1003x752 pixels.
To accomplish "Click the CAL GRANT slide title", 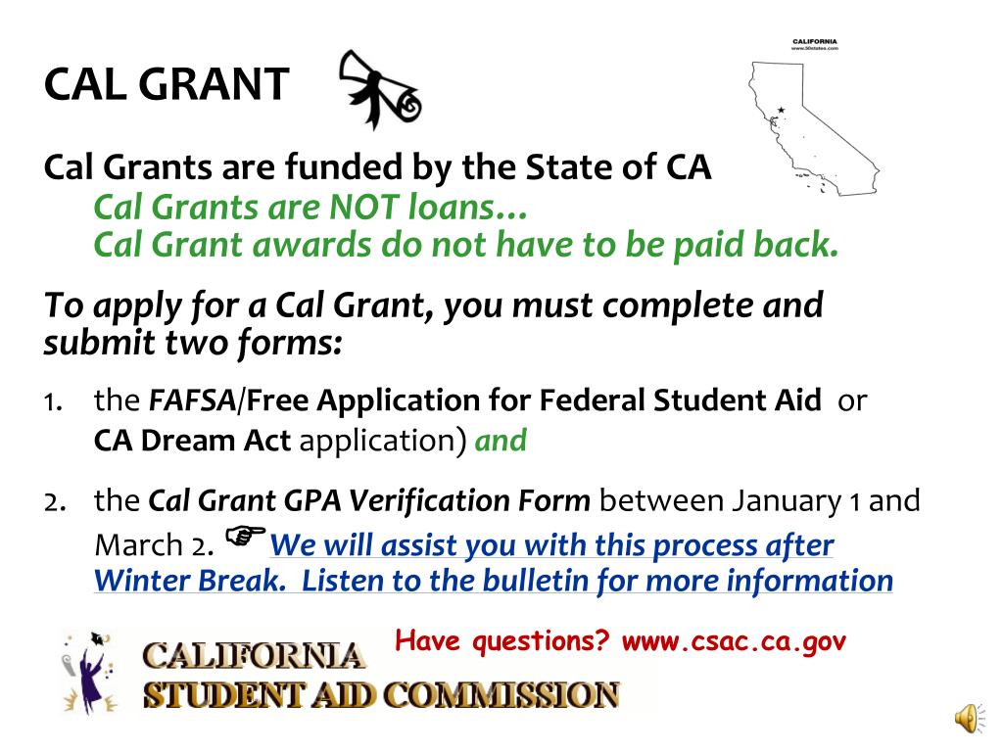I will tap(167, 85).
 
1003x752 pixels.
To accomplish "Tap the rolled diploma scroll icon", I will tap(377, 90).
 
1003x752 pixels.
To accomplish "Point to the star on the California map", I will tap(781, 110).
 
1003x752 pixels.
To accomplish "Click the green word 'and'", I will tap(501, 441).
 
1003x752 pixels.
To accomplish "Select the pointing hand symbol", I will tap(246, 536).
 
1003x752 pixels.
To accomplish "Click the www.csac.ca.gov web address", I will tap(733, 642).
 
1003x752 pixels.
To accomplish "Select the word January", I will tap(783, 501).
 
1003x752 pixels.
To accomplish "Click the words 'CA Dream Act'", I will tap(192, 441).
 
